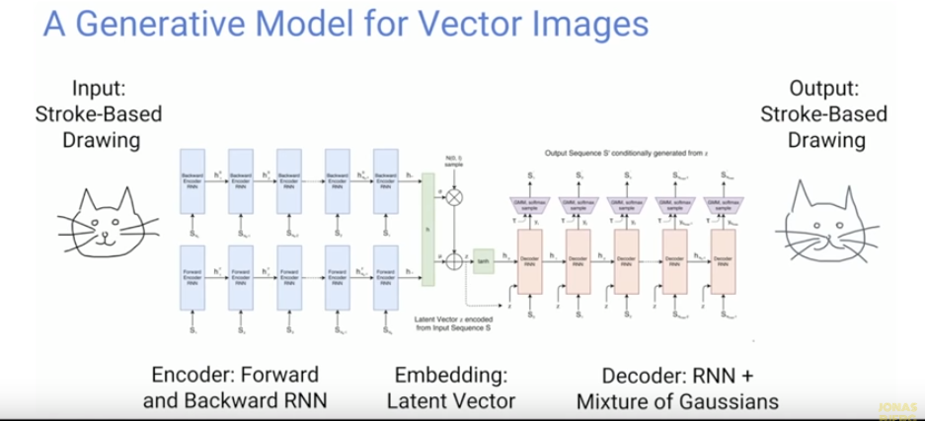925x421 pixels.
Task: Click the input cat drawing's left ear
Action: click(67, 194)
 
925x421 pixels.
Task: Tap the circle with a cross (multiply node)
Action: click(455, 197)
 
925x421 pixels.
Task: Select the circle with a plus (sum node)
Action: click(455, 260)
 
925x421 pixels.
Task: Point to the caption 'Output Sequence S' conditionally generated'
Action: click(614, 155)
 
